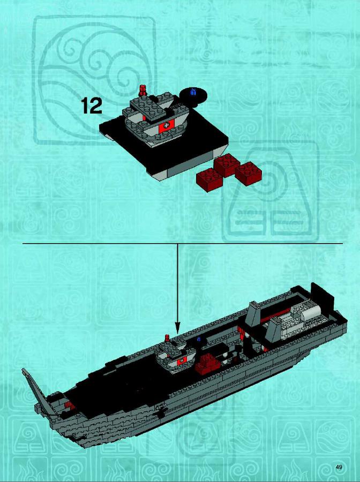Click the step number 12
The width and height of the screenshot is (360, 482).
click(92, 106)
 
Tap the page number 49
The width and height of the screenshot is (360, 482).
click(339, 468)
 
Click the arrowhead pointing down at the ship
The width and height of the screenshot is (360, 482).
click(177, 327)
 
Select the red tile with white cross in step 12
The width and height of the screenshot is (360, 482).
click(166, 125)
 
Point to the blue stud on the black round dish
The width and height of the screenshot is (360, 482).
click(193, 91)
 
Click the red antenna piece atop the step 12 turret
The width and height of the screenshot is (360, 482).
click(142, 91)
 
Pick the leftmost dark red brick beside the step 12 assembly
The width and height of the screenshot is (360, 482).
click(209, 179)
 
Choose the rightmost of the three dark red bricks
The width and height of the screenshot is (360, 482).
click(249, 174)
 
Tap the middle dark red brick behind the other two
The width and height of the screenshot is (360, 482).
click(227, 164)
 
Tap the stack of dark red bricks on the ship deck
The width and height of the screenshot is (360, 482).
click(208, 364)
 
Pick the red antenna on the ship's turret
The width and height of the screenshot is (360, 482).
click(167, 338)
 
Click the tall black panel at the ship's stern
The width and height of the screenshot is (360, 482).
click(322, 296)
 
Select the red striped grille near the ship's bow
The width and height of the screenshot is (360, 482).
click(70, 406)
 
